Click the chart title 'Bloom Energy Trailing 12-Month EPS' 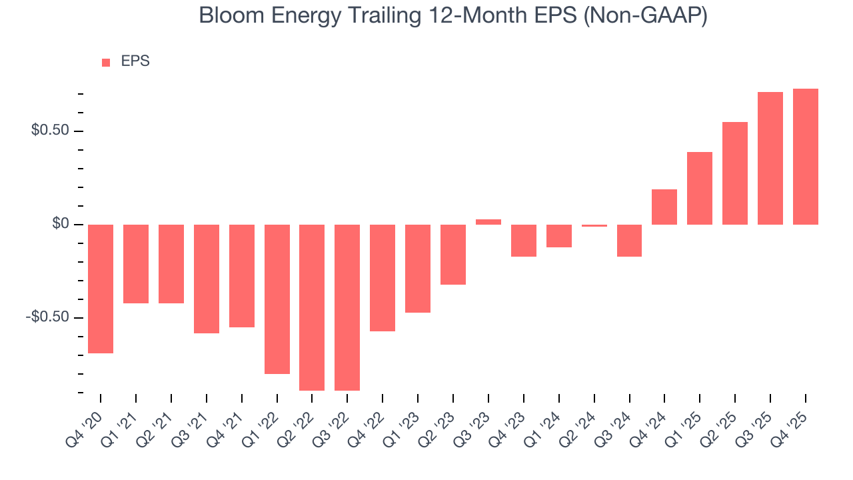tap(453, 16)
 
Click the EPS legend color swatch tap(106, 62)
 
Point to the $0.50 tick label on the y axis tap(50, 131)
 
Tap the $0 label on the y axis tap(61, 224)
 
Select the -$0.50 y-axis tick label tap(47, 317)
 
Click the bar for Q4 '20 tap(101, 289)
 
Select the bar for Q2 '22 tap(312, 307)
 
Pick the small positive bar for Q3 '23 tap(488, 222)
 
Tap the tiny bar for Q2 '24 tap(594, 225)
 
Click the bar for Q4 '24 tap(664, 207)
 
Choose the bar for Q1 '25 tap(700, 189)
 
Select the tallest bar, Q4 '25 tap(806, 157)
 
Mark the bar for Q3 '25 tap(770, 159)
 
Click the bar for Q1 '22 tap(277, 299)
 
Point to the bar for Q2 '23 tap(453, 255)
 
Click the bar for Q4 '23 tap(524, 241)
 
